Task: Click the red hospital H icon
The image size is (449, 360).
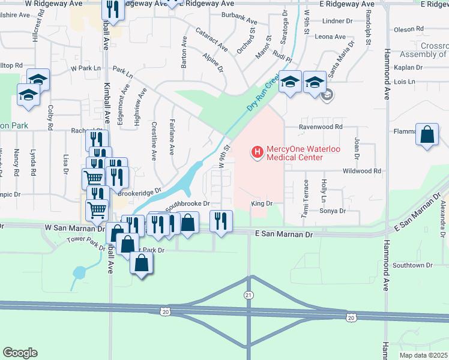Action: [x=258, y=152]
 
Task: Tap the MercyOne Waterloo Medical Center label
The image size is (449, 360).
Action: [x=295, y=153]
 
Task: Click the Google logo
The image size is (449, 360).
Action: [x=20, y=353]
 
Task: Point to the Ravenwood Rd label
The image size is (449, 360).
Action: [x=321, y=127]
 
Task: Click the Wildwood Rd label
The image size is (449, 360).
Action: [x=361, y=171]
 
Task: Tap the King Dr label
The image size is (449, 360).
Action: [x=262, y=204]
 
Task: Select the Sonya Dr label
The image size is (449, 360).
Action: [x=334, y=211]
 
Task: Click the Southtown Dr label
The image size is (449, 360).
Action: [x=412, y=265]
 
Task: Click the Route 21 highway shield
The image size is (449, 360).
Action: [x=249, y=295]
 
